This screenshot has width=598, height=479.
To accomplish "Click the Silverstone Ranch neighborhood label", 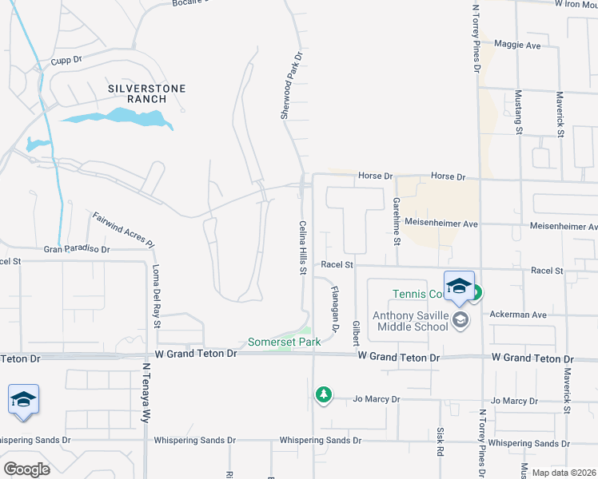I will point(138,93).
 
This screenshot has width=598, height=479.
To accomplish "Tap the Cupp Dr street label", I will point(66,60).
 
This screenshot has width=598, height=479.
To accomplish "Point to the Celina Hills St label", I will point(303,248).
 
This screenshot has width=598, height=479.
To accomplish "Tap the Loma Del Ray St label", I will point(156,296).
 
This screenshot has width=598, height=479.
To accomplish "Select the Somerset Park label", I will point(284,342).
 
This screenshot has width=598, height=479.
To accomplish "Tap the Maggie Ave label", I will point(517,46).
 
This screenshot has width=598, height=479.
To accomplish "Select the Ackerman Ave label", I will point(518,315).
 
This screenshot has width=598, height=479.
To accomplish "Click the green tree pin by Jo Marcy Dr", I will point(323,394).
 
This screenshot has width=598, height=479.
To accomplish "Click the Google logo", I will point(26,469).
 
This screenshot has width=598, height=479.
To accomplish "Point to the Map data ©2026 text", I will point(564,472).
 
